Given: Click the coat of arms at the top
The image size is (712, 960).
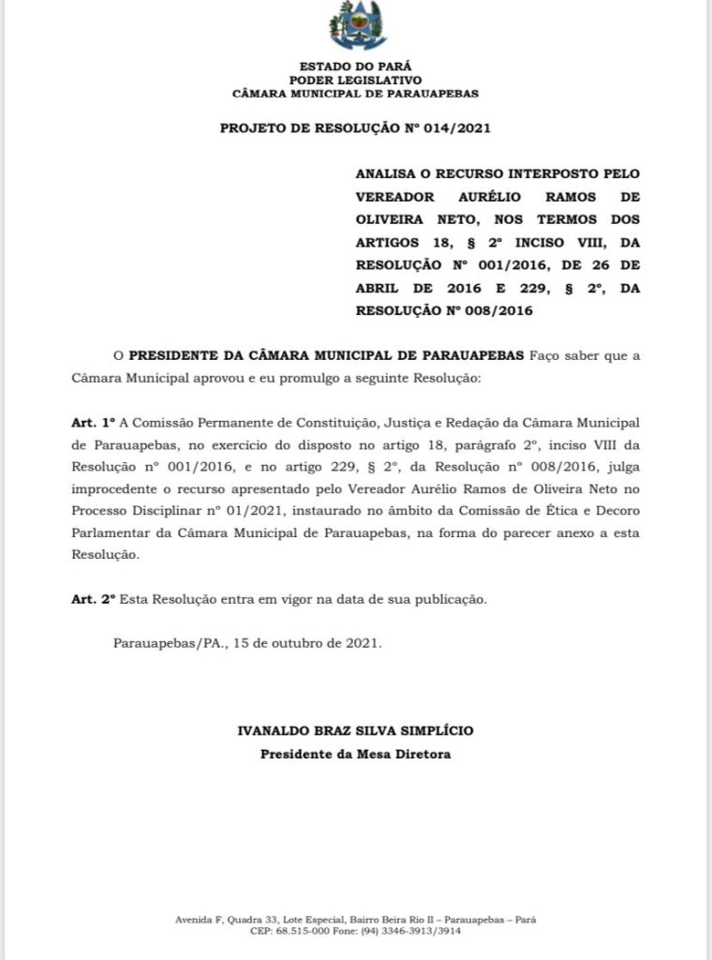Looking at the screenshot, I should click(x=357, y=26).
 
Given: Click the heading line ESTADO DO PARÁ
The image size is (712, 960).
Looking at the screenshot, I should click(x=355, y=67).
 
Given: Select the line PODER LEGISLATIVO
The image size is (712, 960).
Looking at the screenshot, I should click(x=355, y=81).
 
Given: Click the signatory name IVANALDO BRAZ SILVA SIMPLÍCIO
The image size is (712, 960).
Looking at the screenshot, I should click(x=356, y=730).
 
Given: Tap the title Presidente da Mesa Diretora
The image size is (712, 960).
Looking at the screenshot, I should click(x=356, y=754).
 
